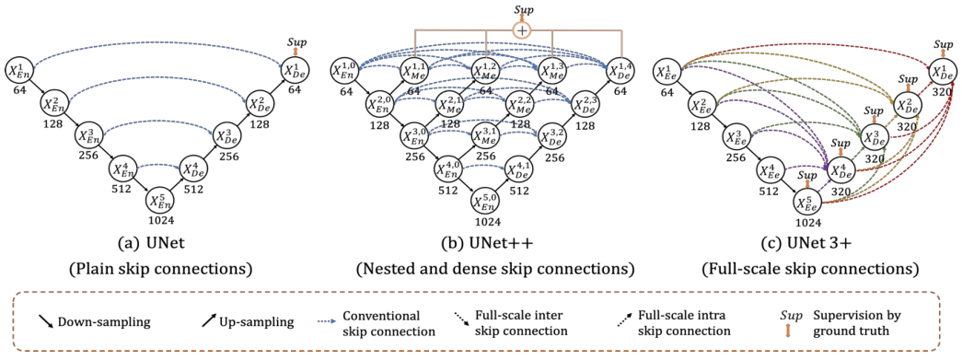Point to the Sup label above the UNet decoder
point(296,42)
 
